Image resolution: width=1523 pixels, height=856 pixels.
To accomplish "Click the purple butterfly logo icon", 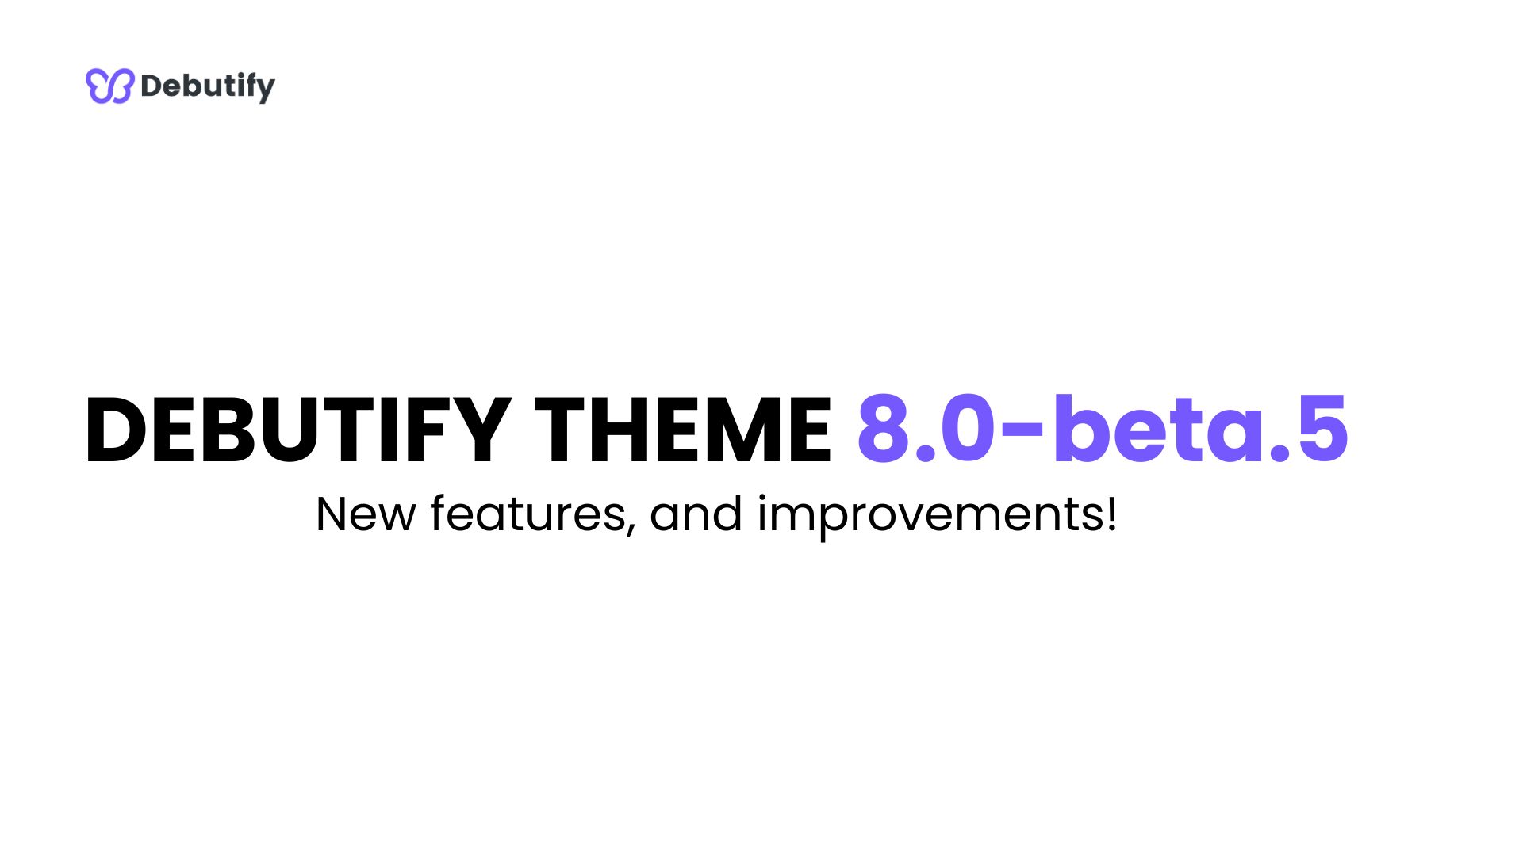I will click(x=109, y=86).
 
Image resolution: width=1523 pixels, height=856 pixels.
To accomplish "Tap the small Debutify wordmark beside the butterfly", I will click(x=207, y=86).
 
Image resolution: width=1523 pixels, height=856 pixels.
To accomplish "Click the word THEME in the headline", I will click(x=682, y=430).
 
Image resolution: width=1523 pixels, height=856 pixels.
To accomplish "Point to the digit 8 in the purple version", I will click(x=882, y=429).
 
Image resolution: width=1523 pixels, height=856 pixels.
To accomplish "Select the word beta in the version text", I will click(x=1158, y=429).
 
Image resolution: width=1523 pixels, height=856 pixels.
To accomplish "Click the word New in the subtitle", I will click(x=366, y=514).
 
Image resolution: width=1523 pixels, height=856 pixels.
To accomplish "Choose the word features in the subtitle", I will click(x=527, y=514).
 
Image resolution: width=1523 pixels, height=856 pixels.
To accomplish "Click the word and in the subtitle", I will click(x=696, y=514).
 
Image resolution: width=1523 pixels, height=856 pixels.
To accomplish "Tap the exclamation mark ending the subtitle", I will click(x=1112, y=514).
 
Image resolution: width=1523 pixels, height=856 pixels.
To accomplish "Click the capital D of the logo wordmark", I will click(x=151, y=86).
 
